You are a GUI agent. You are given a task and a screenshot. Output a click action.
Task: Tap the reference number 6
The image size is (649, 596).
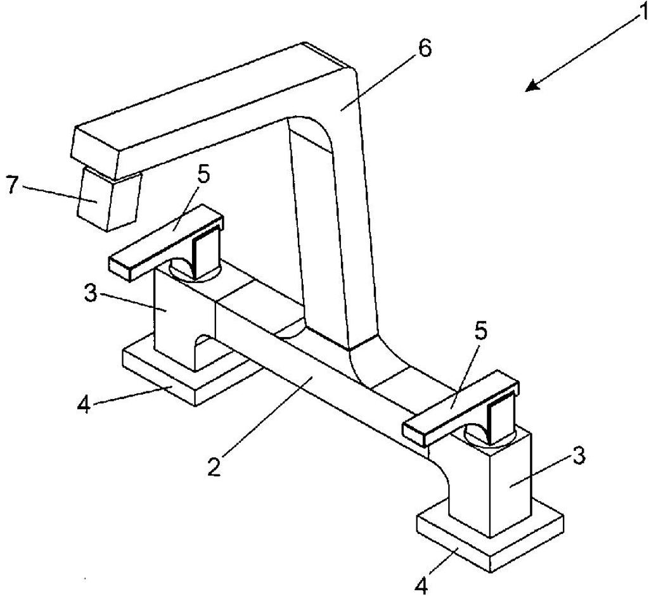point(424,48)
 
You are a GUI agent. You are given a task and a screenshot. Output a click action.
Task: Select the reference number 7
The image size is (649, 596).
point(13,186)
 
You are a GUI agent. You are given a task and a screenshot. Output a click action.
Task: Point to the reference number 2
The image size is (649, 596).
point(214,466)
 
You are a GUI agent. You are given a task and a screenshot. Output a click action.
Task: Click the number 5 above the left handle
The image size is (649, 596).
point(203,175)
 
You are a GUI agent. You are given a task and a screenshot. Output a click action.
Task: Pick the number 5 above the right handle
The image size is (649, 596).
point(481,329)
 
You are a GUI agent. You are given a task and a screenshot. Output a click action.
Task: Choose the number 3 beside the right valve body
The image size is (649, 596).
point(579,456)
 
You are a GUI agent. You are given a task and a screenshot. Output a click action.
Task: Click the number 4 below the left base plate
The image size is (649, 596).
point(84,404)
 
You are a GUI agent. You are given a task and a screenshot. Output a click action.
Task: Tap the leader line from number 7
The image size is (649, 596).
point(60,194)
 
